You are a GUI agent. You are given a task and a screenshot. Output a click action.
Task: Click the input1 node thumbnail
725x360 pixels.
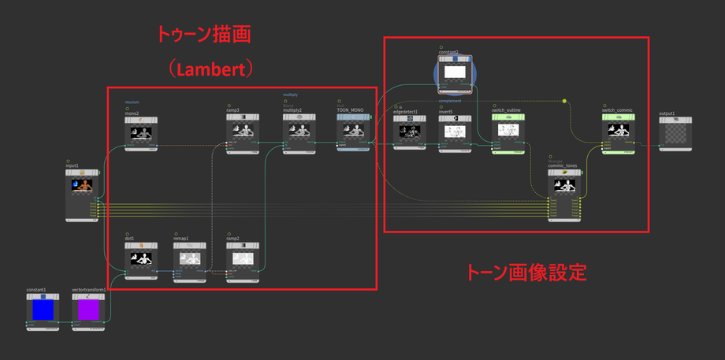click(x=82, y=185)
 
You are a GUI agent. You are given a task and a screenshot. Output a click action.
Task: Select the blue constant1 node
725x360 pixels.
click(x=42, y=310)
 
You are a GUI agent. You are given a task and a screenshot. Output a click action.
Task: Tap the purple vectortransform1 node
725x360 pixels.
click(x=89, y=310)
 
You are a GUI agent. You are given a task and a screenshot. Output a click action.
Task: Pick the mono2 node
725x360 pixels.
click(x=141, y=132)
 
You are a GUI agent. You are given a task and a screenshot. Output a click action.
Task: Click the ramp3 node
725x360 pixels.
click(x=242, y=132)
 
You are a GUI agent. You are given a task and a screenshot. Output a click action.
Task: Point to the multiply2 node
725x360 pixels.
click(x=298, y=132)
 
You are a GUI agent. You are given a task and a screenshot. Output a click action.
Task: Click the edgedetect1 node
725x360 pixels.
click(x=409, y=132)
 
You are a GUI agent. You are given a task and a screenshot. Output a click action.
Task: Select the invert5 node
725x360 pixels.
click(x=455, y=132)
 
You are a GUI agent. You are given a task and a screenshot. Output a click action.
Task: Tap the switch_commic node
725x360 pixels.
click(x=619, y=132)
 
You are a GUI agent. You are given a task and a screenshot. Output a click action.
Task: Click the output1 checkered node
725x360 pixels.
click(x=674, y=134)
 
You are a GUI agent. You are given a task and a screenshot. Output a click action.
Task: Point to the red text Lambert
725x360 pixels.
click(x=209, y=69)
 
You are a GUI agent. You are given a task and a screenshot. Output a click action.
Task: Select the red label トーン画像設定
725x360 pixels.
click(x=526, y=273)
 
